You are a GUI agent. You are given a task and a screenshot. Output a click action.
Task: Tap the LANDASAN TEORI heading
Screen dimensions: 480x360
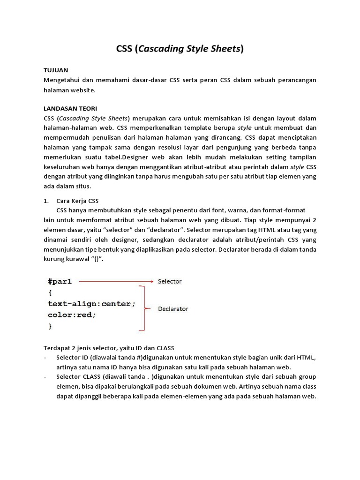click(70, 108)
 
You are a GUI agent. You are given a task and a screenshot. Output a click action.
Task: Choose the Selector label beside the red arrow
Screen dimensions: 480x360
click(169, 281)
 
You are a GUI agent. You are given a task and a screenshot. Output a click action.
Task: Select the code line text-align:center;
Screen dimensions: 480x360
click(92, 304)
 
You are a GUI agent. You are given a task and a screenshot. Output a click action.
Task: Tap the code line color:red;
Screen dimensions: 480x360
click(72, 315)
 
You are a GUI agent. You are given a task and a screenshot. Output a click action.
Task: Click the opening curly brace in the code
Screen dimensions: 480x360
click(50, 293)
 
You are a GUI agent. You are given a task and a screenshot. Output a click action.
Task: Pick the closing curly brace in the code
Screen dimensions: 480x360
click(50, 326)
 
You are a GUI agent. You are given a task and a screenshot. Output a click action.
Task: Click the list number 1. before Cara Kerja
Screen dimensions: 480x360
click(46, 200)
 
